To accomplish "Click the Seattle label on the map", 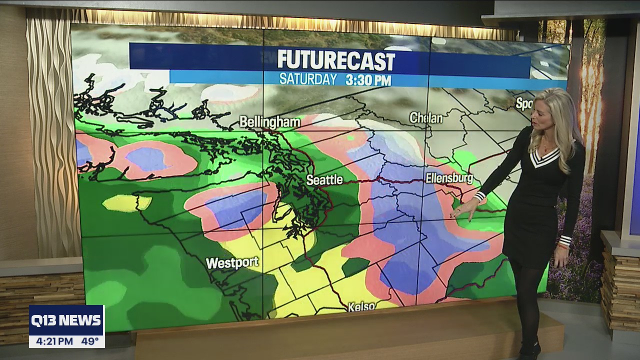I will [x=324, y=180].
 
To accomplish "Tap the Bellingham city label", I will [x=270, y=122].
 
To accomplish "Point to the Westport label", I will [x=232, y=262].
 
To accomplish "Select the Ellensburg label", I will [x=449, y=178].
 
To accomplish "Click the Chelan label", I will [x=426, y=118].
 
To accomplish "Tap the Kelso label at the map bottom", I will [x=361, y=306].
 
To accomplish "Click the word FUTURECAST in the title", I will [x=336, y=60].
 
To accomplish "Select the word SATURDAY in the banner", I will [x=308, y=79].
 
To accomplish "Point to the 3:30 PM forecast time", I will [x=368, y=79].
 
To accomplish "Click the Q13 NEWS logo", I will [x=66, y=320].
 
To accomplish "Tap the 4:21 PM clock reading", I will [x=51, y=341].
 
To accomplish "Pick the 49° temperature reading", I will [x=90, y=341].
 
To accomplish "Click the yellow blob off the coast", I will [x=126, y=202].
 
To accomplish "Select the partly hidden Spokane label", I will [x=523, y=103].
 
